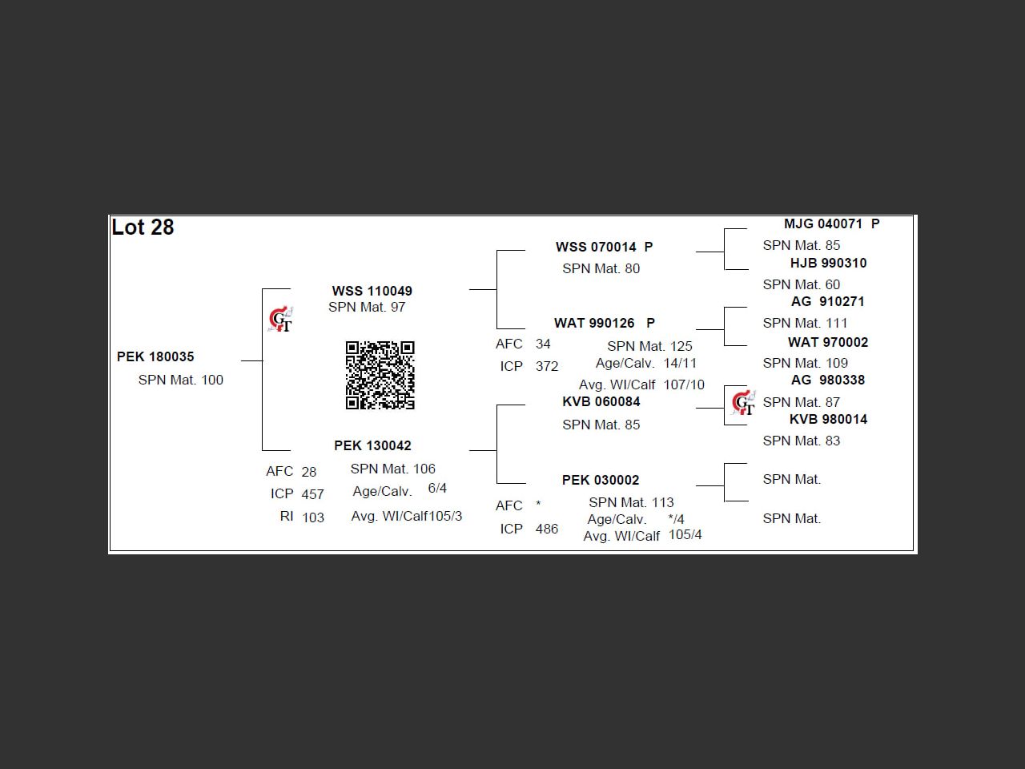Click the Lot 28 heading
tap(143, 227)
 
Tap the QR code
tap(380, 375)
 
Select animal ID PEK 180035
tap(155, 356)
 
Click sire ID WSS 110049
tap(372, 291)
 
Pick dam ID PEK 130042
tap(372, 445)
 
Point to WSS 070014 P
tap(604, 247)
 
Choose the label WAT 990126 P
tap(604, 323)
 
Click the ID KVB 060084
tap(601, 401)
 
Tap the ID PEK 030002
tap(601, 480)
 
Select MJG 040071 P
tap(831, 224)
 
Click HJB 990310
tap(828, 263)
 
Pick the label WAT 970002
tap(827, 342)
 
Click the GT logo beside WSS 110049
tap(280, 320)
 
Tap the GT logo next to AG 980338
tap(743, 402)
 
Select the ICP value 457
tap(312, 494)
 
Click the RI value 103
tap(312, 517)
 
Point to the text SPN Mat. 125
tap(649, 346)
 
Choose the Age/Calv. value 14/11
tap(680, 363)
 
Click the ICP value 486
tap(546, 529)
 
